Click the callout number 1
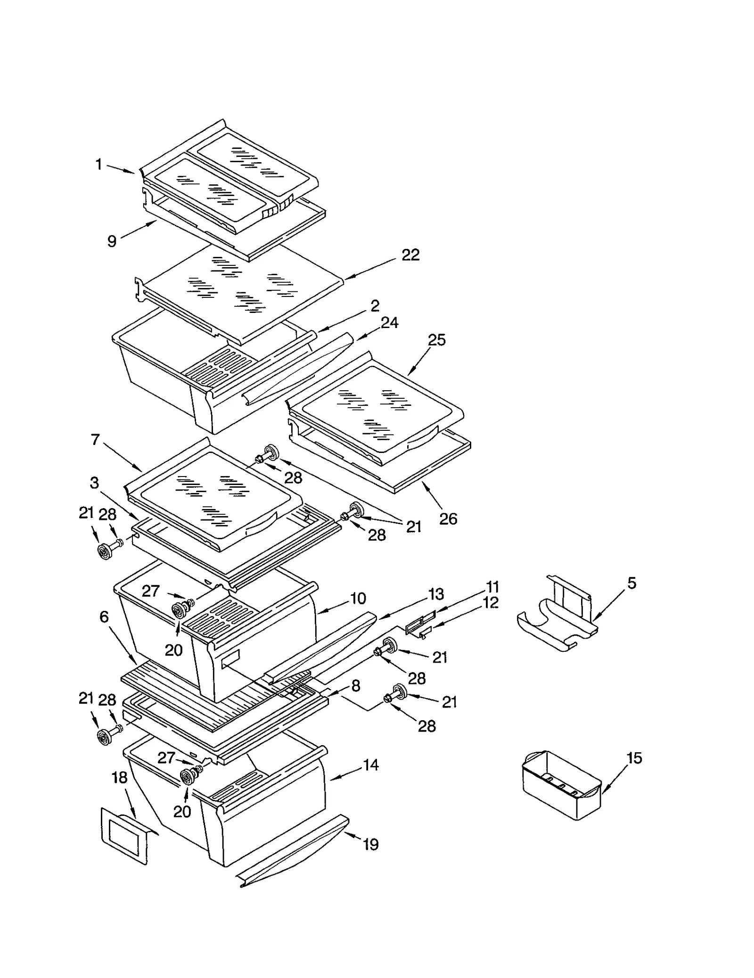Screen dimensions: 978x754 coord(98,164)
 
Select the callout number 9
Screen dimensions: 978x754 coord(112,241)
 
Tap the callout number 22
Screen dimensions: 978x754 coord(410,255)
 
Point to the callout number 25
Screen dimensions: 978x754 coord(436,340)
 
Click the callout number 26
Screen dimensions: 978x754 coord(448,519)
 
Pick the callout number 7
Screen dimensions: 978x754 coord(95,440)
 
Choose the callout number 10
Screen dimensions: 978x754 coord(358,599)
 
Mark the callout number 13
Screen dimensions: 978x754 coord(436,594)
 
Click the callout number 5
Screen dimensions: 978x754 coord(631,583)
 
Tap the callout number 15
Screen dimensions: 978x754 coord(634,758)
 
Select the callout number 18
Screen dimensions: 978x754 coord(120,778)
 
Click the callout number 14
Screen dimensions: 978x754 coord(371,765)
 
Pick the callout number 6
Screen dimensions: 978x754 coord(104,617)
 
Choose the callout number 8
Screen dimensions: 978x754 coord(356,686)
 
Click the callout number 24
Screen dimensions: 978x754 coord(390,323)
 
